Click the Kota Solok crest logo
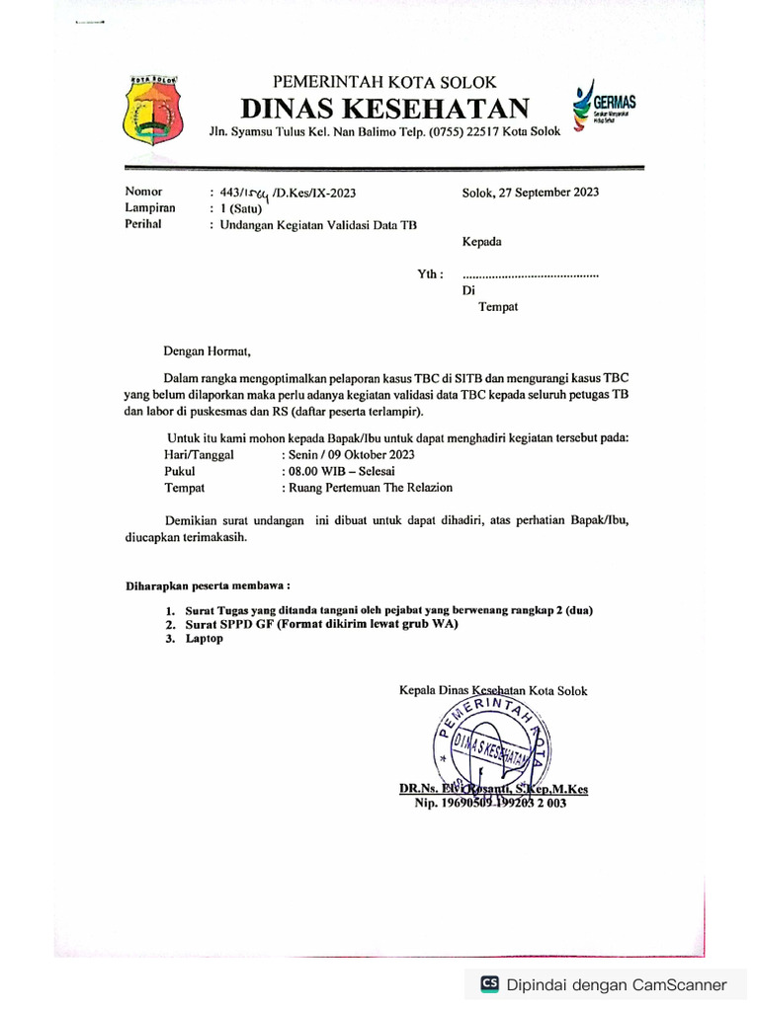coord(152,110)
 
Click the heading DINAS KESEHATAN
coord(385,108)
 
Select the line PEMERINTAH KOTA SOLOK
coord(384,82)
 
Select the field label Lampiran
coord(150,208)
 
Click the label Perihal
coord(144,224)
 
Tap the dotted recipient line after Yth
coord(530,274)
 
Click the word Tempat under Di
coord(498,307)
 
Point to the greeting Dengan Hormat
coord(209,350)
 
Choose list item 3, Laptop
coord(205,639)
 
